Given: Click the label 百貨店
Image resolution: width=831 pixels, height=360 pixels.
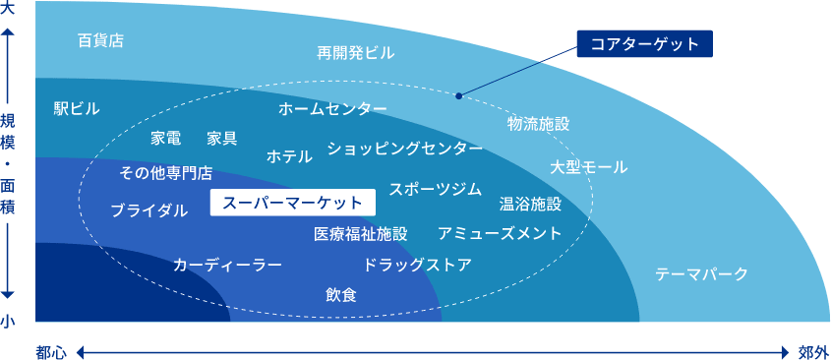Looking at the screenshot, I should pyautogui.click(x=100, y=41).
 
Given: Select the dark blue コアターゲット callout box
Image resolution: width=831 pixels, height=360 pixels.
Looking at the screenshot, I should pyautogui.click(x=644, y=43).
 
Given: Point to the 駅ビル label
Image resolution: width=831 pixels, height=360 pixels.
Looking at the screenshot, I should pyautogui.click(x=77, y=108).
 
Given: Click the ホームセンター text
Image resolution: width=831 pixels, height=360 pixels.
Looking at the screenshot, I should pyautogui.click(x=332, y=108).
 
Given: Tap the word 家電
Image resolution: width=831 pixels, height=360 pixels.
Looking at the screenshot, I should pyautogui.click(x=165, y=138).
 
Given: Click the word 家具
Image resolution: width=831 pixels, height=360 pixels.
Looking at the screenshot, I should pyautogui.click(x=221, y=138).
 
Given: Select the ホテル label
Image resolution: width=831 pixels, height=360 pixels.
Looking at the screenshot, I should pyautogui.click(x=289, y=155).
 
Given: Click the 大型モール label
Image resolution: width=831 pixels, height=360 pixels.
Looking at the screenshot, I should pyautogui.click(x=588, y=167).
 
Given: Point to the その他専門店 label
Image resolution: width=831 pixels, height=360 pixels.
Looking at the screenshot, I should pyautogui.click(x=165, y=173).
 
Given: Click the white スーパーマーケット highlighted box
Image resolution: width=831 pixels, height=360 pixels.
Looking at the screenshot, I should pyautogui.click(x=293, y=203).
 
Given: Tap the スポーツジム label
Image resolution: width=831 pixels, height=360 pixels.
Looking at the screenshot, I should pyautogui.click(x=435, y=189).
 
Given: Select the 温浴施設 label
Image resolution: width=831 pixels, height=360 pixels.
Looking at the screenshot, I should pyautogui.click(x=530, y=205).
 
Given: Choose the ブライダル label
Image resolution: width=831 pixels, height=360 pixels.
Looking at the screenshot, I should pyautogui.click(x=148, y=210).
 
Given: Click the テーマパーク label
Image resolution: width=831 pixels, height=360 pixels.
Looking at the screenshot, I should pyautogui.click(x=701, y=273).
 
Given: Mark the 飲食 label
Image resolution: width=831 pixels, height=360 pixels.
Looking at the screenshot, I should pyautogui.click(x=341, y=294).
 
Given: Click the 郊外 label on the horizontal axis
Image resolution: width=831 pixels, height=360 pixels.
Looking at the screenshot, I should pyautogui.click(x=814, y=351).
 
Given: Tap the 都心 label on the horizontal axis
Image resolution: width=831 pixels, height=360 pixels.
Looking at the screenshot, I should pyautogui.click(x=51, y=351).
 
